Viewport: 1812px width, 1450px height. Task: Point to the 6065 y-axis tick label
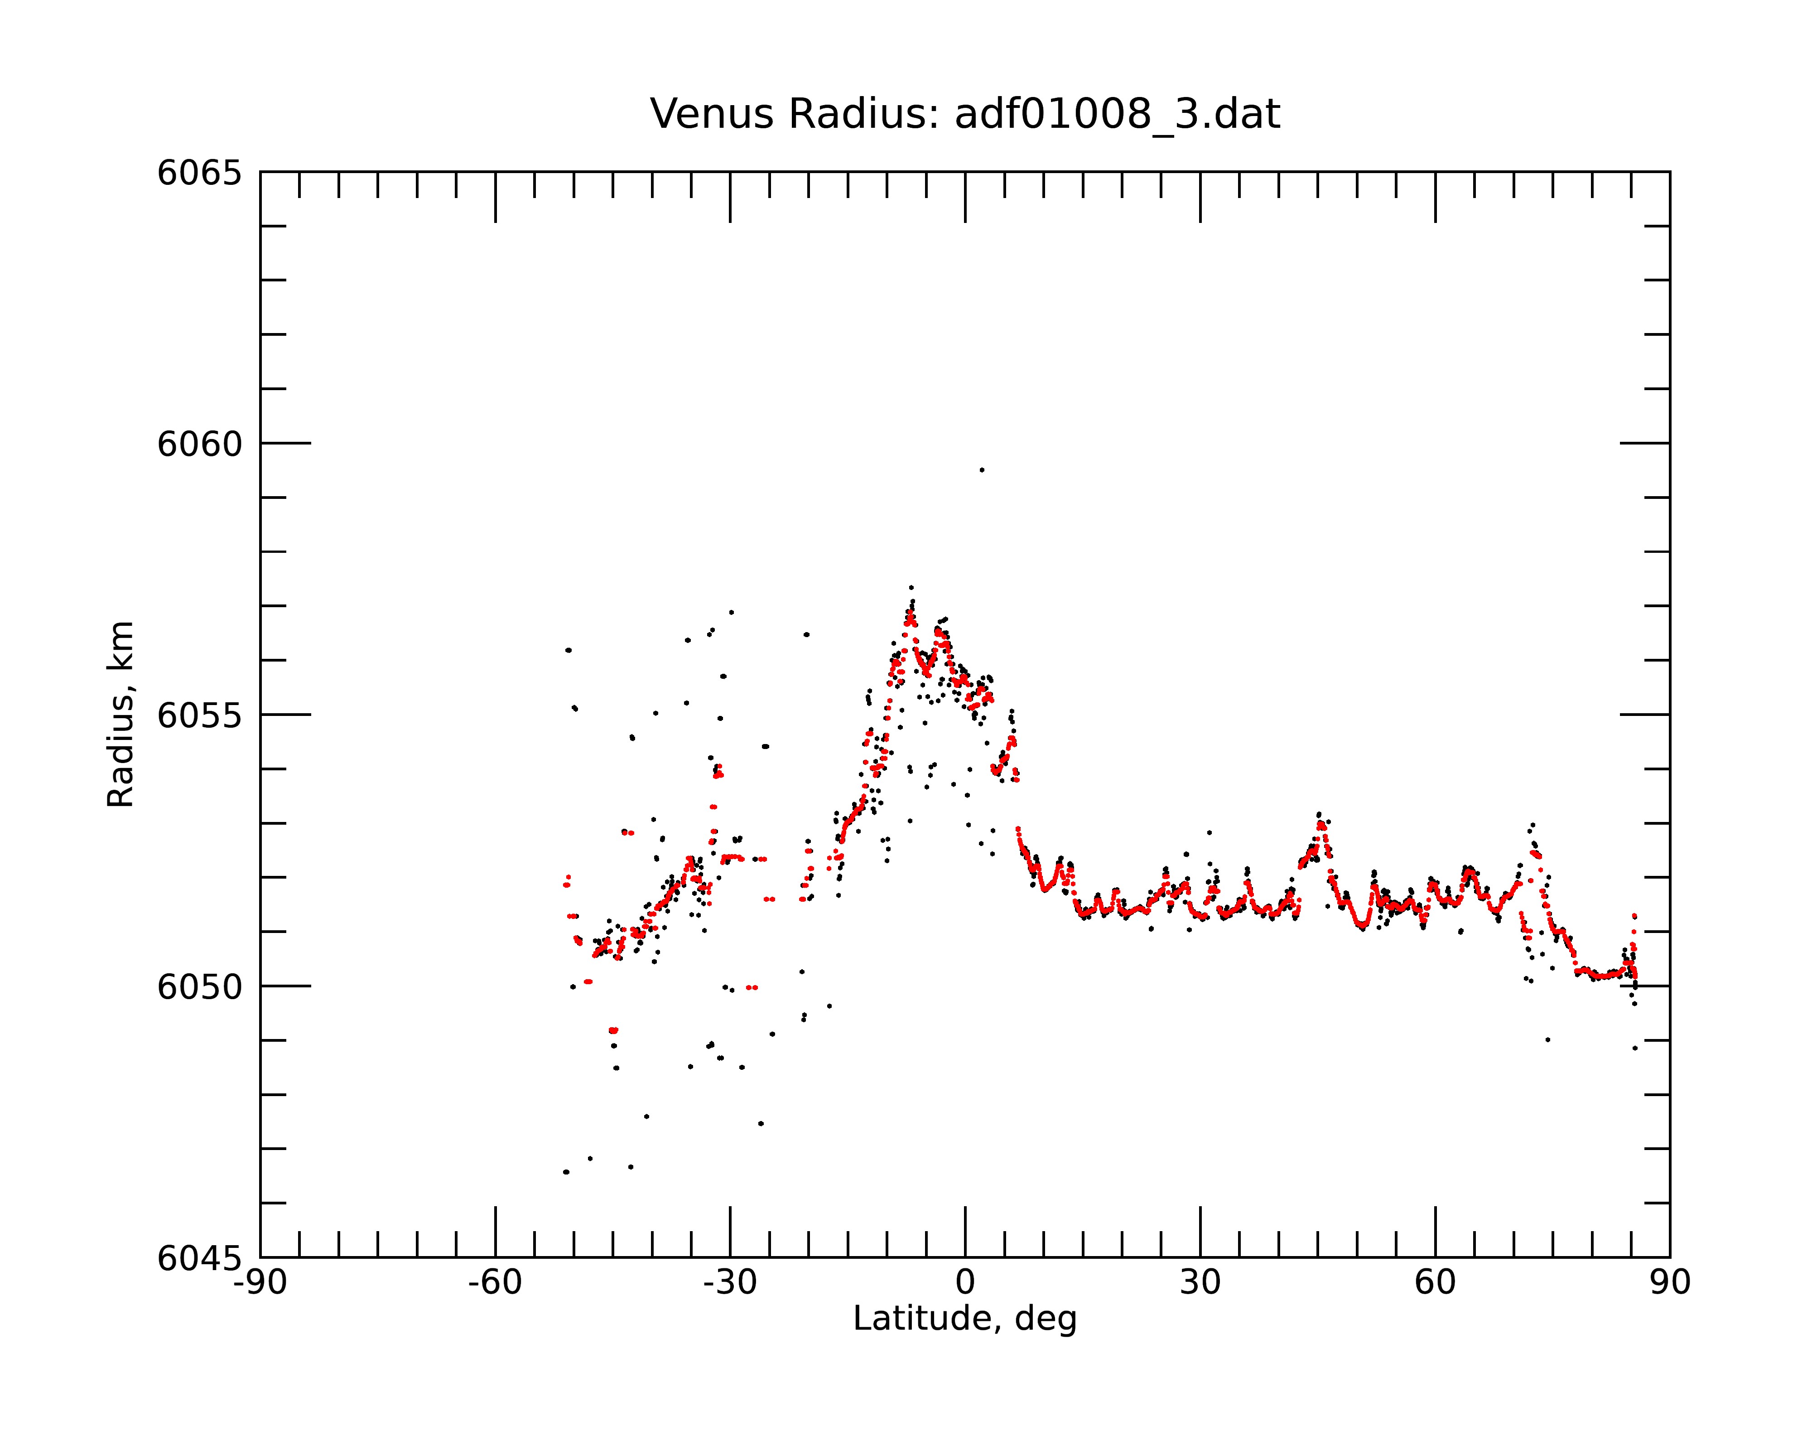pyautogui.click(x=199, y=173)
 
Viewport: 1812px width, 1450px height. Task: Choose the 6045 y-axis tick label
pyautogui.click(x=199, y=1258)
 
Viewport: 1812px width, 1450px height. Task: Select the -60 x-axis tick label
pyautogui.click(x=495, y=1283)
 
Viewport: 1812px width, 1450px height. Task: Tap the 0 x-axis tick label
pyautogui.click(x=965, y=1283)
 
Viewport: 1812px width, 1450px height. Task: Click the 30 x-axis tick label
pyautogui.click(x=1200, y=1283)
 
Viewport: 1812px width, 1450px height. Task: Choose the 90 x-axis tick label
pyautogui.click(x=1670, y=1283)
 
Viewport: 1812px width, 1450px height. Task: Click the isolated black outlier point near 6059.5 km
pyautogui.click(x=982, y=470)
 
